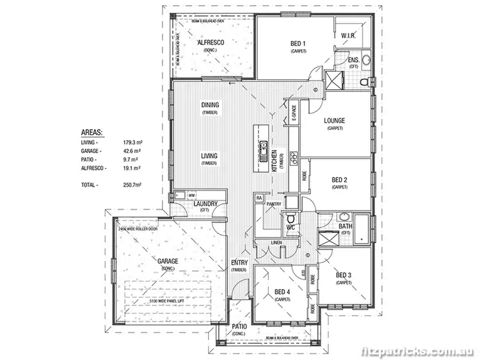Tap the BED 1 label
coord(298,43)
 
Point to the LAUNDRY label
coord(205,204)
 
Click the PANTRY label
coord(275,205)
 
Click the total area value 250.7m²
coord(132,184)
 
